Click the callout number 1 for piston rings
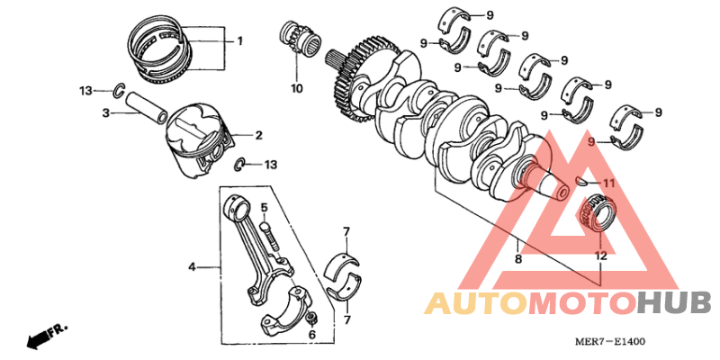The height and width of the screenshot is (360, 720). click(240, 40)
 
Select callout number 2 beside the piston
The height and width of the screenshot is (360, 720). click(258, 136)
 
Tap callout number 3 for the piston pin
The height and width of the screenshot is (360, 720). click(105, 113)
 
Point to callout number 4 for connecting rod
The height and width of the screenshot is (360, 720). click(192, 267)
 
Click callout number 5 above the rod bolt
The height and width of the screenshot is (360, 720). click(265, 208)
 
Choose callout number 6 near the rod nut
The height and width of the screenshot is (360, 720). click(312, 334)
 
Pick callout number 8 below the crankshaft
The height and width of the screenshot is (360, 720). click(517, 259)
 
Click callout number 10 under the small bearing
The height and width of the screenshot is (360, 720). click(297, 88)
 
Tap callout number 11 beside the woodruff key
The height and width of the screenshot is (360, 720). click(608, 184)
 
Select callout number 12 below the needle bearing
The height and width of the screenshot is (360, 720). click(600, 256)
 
